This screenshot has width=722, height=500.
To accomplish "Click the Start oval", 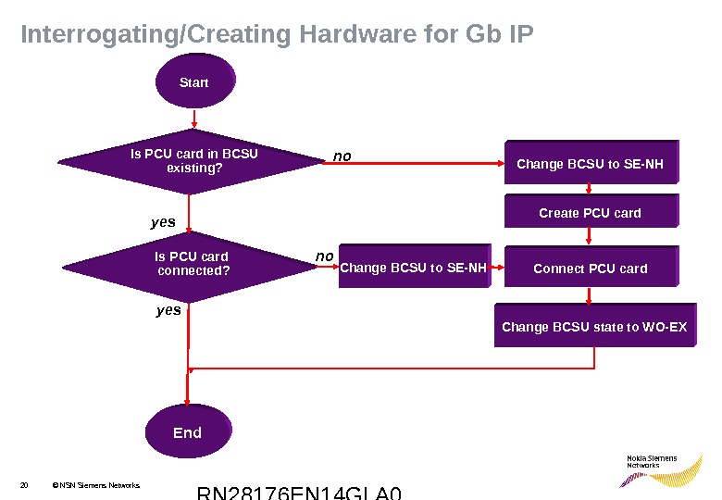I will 194,83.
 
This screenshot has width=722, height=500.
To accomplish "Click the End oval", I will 188,431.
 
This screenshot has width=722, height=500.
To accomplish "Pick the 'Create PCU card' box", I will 590,213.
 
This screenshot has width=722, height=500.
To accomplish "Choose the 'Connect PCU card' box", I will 591,269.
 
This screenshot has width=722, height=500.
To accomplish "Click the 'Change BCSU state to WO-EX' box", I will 594,327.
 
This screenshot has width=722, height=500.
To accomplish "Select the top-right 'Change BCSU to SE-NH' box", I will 590,164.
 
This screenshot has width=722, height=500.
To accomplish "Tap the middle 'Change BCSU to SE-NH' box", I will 414,269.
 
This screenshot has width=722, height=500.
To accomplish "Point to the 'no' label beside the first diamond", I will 342,156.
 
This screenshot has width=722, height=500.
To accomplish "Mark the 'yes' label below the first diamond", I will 163,223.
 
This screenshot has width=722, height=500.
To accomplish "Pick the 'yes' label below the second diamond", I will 168,311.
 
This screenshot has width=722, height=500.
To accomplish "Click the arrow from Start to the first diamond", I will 193,120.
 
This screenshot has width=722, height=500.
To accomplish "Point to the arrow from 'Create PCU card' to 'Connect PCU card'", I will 590,238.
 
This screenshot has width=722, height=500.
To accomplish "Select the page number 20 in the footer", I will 24,485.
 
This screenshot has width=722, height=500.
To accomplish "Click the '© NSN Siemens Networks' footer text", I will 95,485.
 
